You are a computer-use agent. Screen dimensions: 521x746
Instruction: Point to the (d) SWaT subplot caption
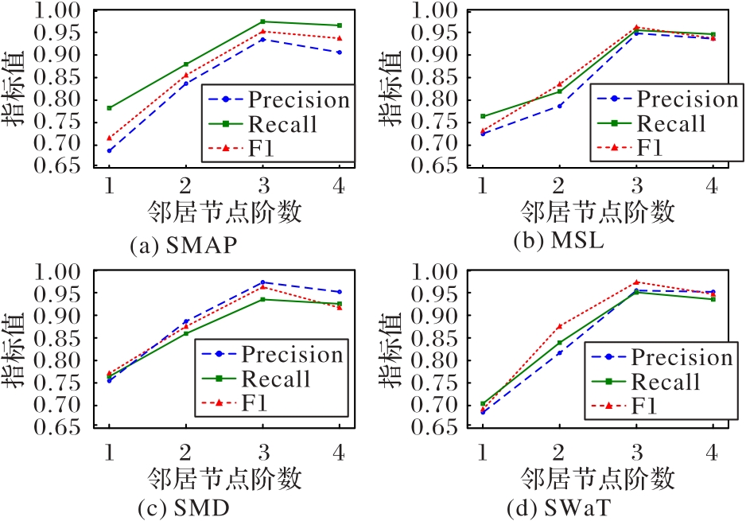click(x=557, y=507)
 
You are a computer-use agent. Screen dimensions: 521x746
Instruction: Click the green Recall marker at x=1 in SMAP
click(x=110, y=107)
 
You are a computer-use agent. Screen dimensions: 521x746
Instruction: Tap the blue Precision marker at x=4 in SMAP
click(x=340, y=52)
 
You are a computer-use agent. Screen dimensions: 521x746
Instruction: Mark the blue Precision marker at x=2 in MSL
click(x=559, y=106)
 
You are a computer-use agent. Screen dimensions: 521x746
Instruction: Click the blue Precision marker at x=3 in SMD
click(x=262, y=282)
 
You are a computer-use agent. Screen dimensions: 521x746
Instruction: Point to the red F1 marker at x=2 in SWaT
click(x=559, y=326)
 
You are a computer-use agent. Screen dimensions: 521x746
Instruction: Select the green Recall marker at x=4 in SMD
click(x=340, y=303)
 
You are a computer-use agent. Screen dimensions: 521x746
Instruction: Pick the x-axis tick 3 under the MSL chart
click(x=635, y=185)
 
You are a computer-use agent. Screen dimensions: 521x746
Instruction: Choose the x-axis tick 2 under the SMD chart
click(x=186, y=452)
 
